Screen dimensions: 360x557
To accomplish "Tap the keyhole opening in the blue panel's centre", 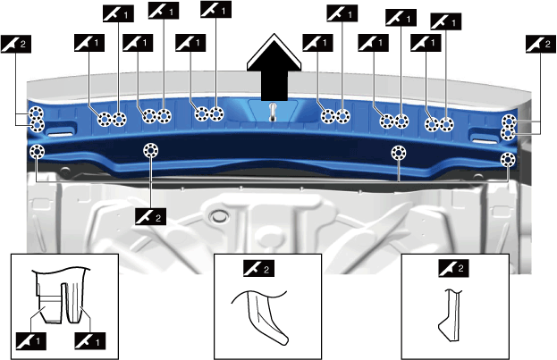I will coord(273,112).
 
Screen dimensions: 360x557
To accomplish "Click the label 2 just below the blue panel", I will coord(148,215).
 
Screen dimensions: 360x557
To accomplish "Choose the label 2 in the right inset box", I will coord(452,266).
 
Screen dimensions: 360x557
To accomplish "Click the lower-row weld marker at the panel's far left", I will coord(37,153).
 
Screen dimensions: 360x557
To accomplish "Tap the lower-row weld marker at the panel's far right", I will coord(507,160).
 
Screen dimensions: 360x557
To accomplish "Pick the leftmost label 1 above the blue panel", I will coord(88,41).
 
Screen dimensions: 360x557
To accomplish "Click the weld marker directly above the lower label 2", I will coord(150,149).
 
